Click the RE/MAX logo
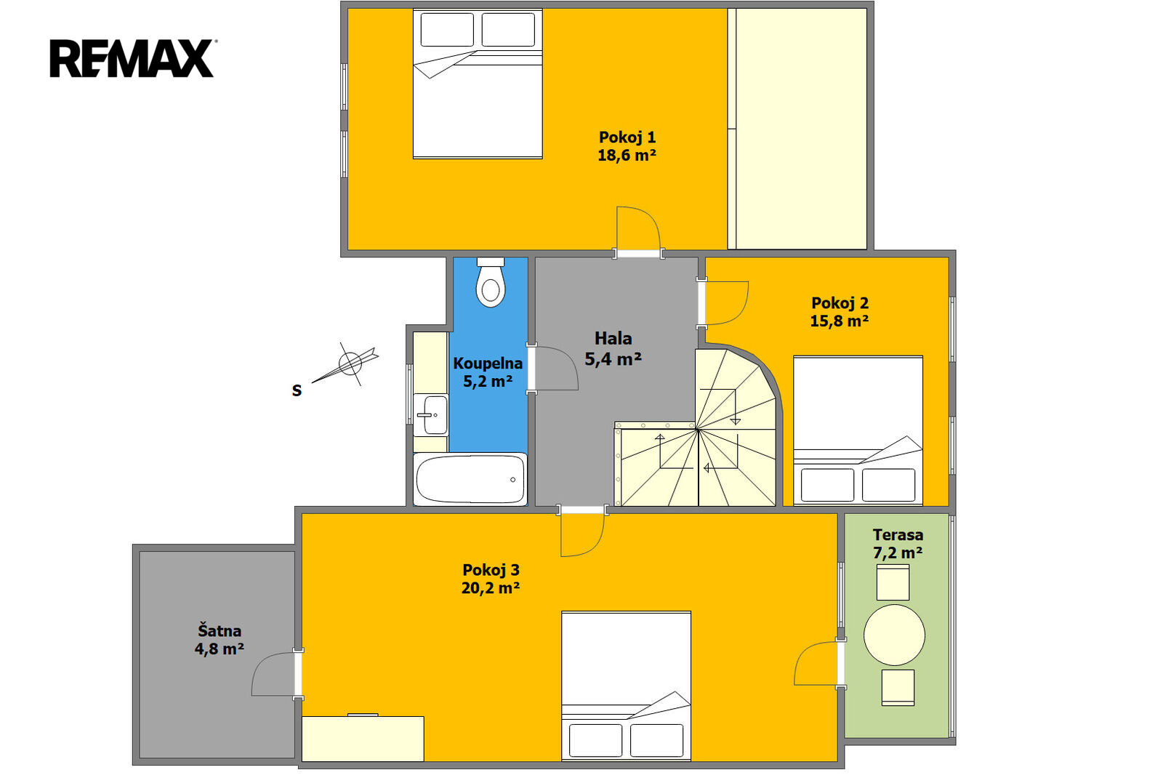132,58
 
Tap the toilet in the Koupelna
491,282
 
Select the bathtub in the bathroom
470,479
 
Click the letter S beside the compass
297,390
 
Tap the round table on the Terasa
894,635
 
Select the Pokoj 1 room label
627,137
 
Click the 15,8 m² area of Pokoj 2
840,321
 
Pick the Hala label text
613,338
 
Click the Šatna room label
220,630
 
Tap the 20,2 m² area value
491,587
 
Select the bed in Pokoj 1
478,84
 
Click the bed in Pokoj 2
858,430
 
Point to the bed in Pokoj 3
626,686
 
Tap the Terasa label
898,534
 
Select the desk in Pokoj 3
363,739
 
